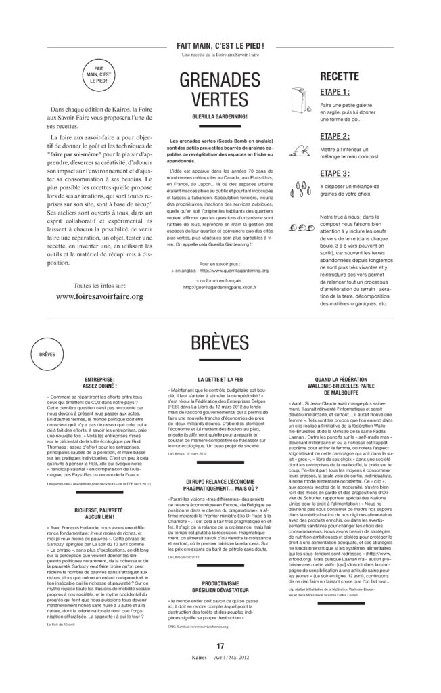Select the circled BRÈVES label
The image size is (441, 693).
point(47,354)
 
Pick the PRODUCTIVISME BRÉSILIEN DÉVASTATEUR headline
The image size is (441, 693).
point(220,585)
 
